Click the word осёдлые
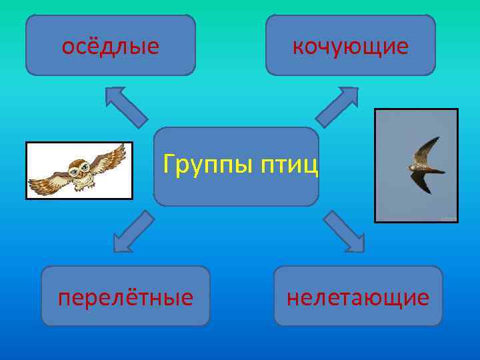110,47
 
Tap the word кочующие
351,47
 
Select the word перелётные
125,297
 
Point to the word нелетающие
358,297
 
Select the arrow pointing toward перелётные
133,232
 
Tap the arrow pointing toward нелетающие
344,232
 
